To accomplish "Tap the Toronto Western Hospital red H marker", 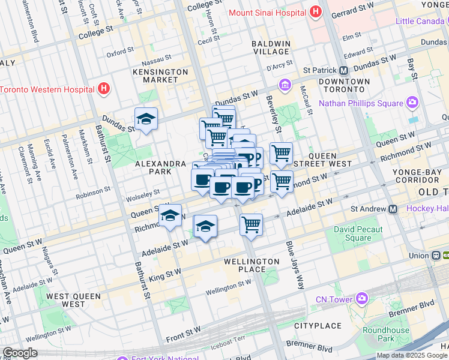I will click(104, 89).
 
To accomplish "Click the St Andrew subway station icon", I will click(393, 209).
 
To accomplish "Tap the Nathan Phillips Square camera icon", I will click(412, 103).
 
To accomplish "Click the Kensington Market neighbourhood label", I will click(160, 76).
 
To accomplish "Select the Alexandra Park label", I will click(160, 167).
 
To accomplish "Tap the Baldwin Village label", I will click(271, 48).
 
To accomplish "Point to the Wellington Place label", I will click(252, 266).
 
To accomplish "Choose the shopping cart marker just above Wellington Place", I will click(252, 225).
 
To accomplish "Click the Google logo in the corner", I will click(19, 353).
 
